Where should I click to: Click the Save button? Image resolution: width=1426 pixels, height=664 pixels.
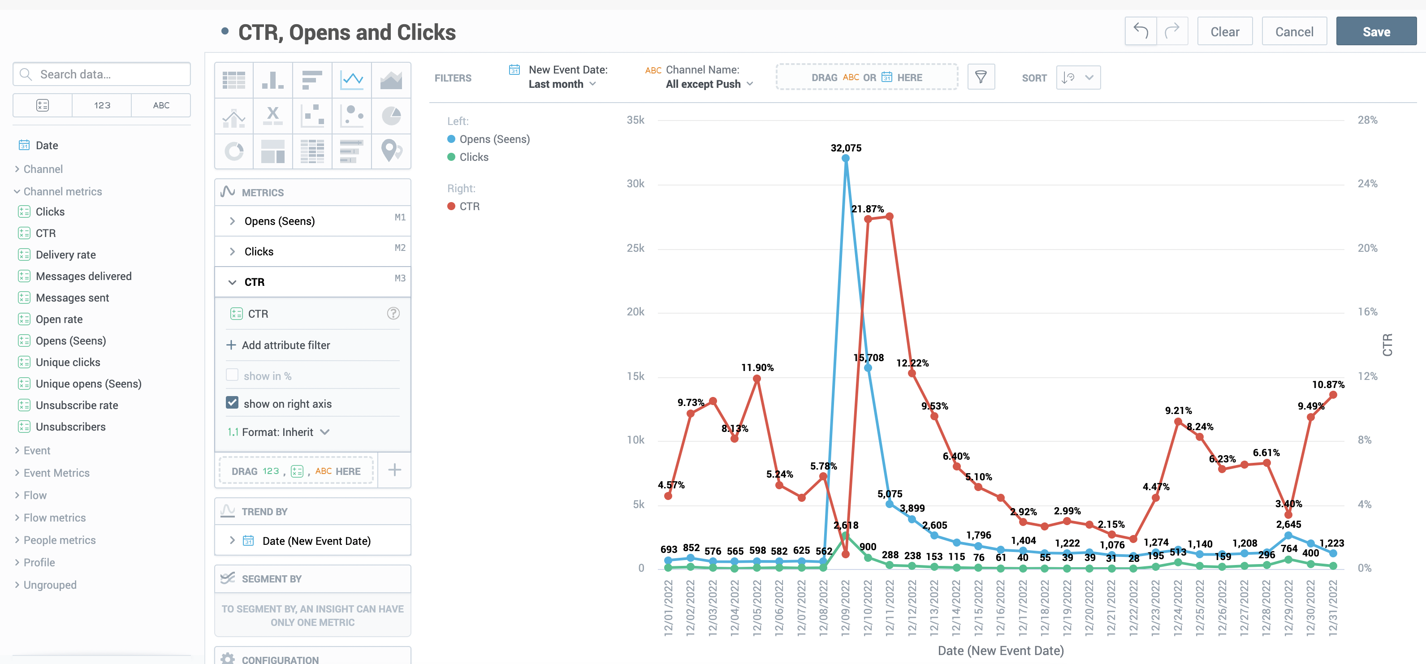(x=1376, y=31)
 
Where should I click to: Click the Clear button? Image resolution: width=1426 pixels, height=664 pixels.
(x=1224, y=31)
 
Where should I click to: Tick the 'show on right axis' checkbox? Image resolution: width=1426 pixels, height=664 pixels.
(x=233, y=403)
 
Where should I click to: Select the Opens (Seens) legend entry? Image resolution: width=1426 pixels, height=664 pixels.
(x=494, y=139)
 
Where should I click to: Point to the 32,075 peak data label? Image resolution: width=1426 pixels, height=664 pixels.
(x=845, y=148)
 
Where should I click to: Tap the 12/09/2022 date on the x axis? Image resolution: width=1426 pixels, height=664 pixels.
(x=845, y=608)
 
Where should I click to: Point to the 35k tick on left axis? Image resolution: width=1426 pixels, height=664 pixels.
(x=635, y=120)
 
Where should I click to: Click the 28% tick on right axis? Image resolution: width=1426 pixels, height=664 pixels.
(x=1367, y=120)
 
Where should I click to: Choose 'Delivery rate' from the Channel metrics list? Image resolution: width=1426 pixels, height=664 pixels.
(x=65, y=254)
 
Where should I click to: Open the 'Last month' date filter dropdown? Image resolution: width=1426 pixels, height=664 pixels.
(x=562, y=84)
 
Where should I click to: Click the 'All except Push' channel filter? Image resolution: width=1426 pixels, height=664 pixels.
(x=709, y=84)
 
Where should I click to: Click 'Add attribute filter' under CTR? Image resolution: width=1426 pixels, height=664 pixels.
(x=285, y=345)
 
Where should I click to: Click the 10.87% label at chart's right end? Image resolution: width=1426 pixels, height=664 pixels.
(x=1327, y=384)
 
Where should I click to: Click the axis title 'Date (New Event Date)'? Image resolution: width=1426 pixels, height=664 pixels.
(x=1000, y=651)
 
